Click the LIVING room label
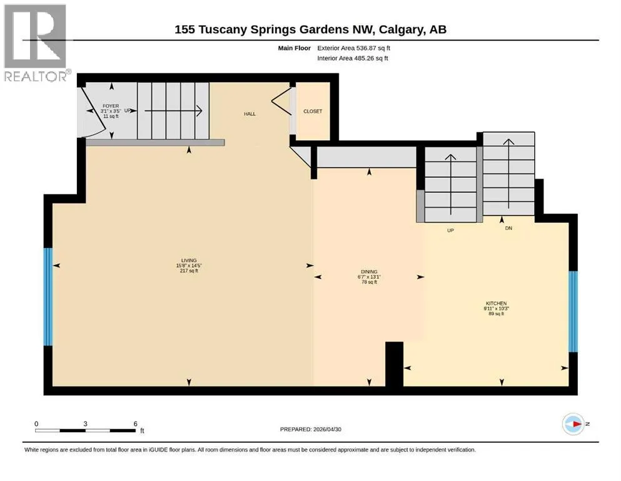[189, 260]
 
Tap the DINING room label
[369, 272]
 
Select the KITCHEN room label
[497, 303]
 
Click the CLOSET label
[313, 111]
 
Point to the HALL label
[250, 114]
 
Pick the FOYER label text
[111, 106]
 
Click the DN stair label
[508, 228]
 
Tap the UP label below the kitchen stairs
[450, 230]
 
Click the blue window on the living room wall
[48, 297]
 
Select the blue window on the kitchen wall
[573, 311]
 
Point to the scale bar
[86, 430]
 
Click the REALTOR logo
[36, 43]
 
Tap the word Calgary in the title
[400, 29]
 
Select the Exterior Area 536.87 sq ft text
[354, 48]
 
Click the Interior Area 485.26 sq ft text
[353, 58]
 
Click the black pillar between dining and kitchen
[394, 364]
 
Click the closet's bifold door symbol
[281, 101]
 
